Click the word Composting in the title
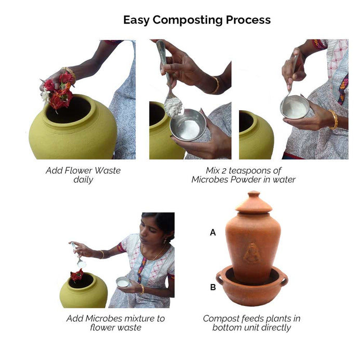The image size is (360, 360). click(188, 20)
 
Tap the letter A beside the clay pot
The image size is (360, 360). click(213, 232)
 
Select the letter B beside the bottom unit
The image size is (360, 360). click(213, 287)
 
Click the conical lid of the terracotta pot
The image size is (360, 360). click(254, 202)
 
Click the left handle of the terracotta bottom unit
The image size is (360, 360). click(220, 277)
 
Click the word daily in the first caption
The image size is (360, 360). click(83, 180)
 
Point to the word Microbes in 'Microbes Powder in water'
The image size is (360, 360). click(210, 180)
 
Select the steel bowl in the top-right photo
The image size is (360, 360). click(295, 107)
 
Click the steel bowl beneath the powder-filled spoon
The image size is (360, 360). click(188, 125)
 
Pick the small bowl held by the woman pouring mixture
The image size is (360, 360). click(123, 282)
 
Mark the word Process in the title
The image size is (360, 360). click(248, 20)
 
